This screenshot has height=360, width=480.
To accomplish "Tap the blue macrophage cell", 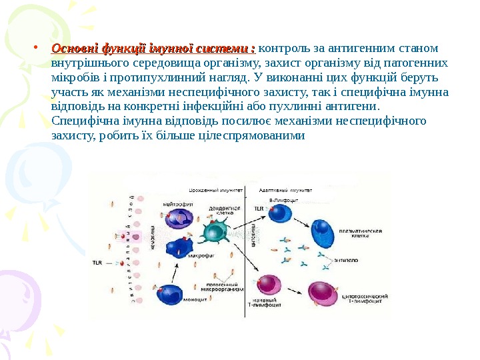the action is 178,248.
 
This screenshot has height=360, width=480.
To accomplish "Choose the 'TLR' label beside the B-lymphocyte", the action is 258,209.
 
